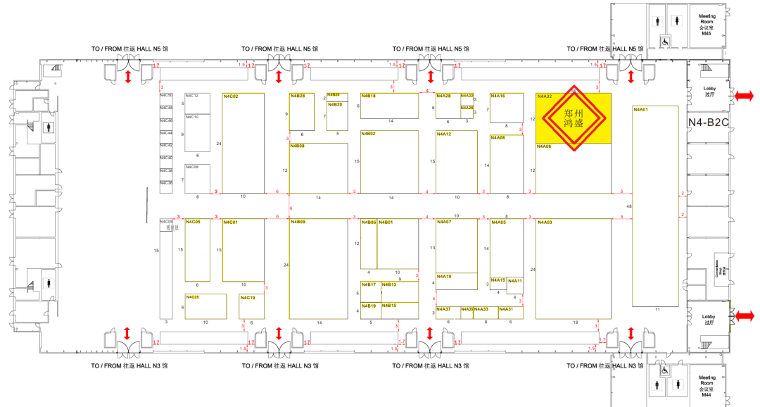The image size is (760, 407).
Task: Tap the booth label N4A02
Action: coord(545,96)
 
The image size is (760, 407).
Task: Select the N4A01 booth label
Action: coord(640,109)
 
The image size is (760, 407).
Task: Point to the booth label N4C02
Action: coord(231,96)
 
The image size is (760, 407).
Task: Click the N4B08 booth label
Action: coord(297,146)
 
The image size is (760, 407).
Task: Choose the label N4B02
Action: coord(369,134)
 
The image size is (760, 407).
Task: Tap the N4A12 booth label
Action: coord(444,134)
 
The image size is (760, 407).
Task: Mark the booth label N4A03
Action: coord(545,223)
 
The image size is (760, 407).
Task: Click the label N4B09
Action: coord(298,223)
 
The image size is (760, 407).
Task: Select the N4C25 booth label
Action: coord(193,297)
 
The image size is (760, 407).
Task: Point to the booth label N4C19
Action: coord(248,297)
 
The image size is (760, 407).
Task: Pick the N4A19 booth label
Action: coord(444,277)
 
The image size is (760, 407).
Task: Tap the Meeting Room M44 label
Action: coord(706,384)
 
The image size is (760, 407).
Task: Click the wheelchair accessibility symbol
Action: coord(664,42)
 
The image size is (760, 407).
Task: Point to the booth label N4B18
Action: coord(369,96)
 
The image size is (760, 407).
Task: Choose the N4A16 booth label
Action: coord(498,96)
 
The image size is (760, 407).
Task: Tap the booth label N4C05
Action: coord(193,223)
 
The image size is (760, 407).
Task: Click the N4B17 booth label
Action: coord(369,284)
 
